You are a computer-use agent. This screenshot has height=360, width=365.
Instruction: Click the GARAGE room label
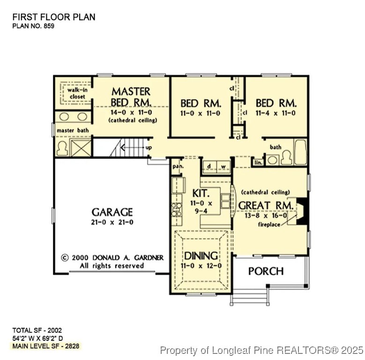click(x=112, y=212)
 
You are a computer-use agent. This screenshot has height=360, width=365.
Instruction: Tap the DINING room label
click(x=201, y=255)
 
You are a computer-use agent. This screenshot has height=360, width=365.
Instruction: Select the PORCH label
click(x=266, y=271)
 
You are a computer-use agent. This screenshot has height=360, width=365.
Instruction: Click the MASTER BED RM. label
click(x=131, y=97)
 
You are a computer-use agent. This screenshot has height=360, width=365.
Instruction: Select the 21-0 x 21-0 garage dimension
click(x=112, y=222)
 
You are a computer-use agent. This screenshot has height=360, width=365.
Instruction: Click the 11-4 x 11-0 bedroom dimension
click(x=276, y=113)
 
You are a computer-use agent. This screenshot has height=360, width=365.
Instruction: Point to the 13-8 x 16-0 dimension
click(x=265, y=216)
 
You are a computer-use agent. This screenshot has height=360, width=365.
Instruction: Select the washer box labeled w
click(x=223, y=166)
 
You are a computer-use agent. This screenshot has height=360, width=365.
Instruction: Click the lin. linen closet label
click(x=258, y=162)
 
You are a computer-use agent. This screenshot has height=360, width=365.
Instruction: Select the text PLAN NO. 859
click(x=33, y=26)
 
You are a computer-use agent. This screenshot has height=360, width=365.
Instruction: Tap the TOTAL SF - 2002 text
click(x=37, y=330)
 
